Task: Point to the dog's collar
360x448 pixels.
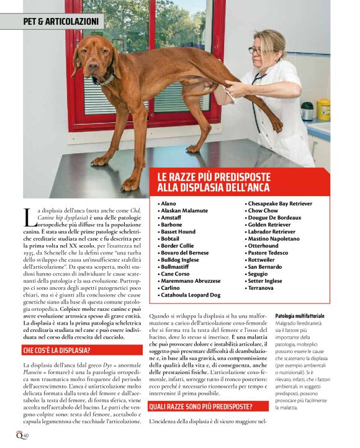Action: tap(104, 80)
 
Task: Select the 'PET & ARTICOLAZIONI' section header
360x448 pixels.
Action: tap(61, 22)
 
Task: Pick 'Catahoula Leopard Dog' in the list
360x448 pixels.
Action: tap(191, 295)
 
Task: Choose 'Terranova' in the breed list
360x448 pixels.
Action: tap(261, 288)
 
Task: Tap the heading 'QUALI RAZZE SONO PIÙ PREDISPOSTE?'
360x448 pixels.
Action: tap(201, 406)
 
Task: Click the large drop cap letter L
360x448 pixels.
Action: tap(29, 217)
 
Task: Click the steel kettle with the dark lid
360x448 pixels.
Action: tap(307, 110)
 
